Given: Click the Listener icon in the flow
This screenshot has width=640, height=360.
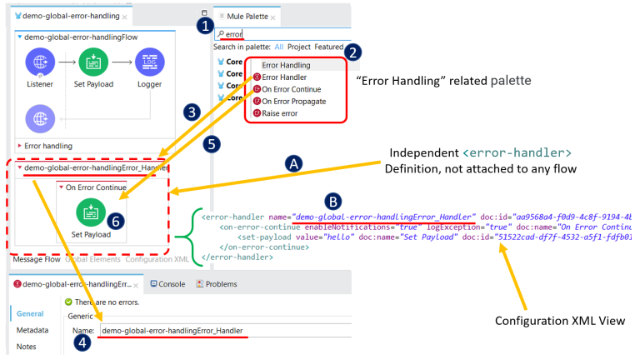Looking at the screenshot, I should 40,61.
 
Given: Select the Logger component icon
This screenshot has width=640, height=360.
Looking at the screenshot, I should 150,61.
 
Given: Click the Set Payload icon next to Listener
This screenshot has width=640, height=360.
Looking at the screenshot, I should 93,61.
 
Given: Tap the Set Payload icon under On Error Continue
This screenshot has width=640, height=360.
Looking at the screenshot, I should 91,212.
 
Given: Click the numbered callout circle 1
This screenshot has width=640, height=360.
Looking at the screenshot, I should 205,25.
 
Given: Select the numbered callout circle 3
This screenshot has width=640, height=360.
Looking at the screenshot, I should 192,111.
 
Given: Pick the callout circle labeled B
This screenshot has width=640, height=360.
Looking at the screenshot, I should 332,201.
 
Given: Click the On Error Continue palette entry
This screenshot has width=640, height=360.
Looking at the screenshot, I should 292,89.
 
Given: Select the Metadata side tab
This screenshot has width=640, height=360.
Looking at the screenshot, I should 32,330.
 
